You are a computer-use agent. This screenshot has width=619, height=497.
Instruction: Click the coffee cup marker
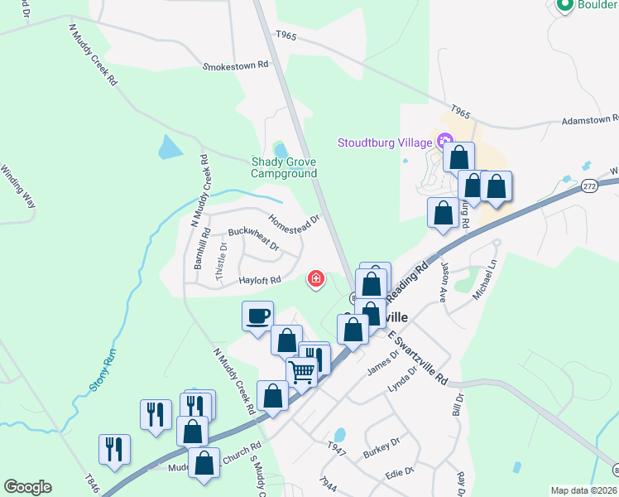pyautogui.click(x=257, y=316)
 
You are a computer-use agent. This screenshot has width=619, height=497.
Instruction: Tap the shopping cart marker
pyautogui.click(x=301, y=372)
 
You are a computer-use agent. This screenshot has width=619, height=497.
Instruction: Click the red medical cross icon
pyautogui.click(x=315, y=279)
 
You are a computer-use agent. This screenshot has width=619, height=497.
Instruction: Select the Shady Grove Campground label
pyautogui.click(x=285, y=168)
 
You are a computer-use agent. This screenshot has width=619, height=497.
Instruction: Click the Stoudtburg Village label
pyautogui.click(x=385, y=142)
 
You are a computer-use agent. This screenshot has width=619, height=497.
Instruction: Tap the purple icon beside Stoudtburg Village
pyautogui.click(x=446, y=142)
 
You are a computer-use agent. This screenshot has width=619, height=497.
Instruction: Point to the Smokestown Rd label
pyautogui.click(x=236, y=64)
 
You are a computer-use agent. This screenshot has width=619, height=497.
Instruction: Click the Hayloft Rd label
pyautogui.click(x=260, y=280)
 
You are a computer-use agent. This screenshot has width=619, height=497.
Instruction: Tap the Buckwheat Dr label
pyautogui.click(x=253, y=240)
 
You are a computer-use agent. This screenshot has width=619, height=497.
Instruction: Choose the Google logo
pyautogui.click(x=27, y=487)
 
